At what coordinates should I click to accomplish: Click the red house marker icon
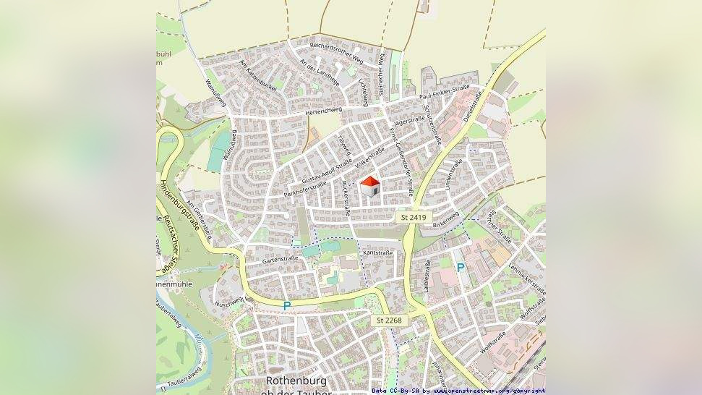coord(370,187)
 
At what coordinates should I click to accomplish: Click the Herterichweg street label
coord(323,111)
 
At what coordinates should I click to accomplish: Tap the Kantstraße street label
coord(378,253)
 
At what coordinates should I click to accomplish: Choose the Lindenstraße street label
coord(453,176)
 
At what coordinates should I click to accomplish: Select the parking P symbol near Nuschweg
coord(287,306)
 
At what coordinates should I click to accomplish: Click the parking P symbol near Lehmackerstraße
coord(461,268)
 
